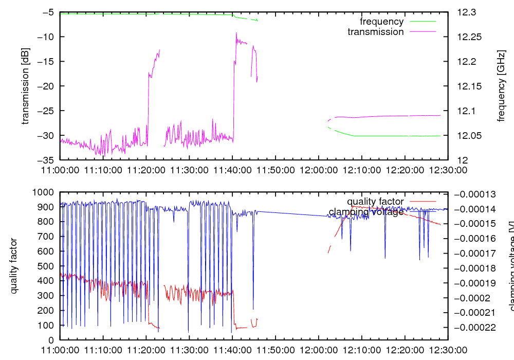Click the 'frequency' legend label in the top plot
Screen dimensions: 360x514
tap(381, 22)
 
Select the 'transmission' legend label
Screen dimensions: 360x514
tap(376, 32)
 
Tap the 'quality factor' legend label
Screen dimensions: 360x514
tap(375, 201)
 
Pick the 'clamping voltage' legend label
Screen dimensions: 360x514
tap(366, 211)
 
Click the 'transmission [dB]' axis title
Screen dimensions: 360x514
tap(25, 86)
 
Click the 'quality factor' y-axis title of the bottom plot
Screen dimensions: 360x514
tap(14, 266)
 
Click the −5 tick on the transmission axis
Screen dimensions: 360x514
tap(45, 12)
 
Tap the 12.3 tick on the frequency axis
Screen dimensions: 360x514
tap(467, 12)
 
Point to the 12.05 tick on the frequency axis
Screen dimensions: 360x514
tap(469, 135)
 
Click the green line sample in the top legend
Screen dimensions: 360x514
tap(422, 22)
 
